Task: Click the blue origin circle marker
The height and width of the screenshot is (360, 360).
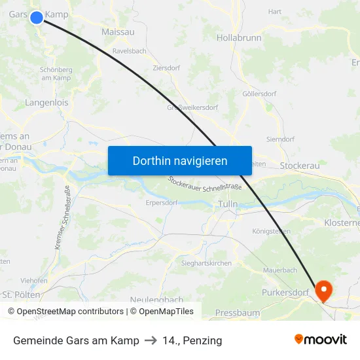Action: [x=37, y=18]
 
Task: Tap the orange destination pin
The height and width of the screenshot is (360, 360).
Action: [x=323, y=290]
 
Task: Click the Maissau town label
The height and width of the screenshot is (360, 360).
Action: [x=118, y=31]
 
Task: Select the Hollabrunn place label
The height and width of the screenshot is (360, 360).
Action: [x=239, y=38]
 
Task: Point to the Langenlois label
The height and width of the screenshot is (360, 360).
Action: [x=46, y=103]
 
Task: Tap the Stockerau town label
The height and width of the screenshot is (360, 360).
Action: [x=299, y=166]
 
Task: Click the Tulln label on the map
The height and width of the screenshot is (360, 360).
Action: [x=228, y=204]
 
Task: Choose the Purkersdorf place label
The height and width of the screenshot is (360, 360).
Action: [x=285, y=292]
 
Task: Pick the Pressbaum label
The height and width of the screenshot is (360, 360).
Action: [x=238, y=313]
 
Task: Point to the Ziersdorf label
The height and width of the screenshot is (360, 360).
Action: [x=166, y=67]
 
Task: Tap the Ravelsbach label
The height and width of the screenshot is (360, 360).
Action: [x=130, y=50]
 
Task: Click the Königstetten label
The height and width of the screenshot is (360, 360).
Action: [x=271, y=231]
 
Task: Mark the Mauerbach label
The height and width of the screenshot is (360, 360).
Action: [x=280, y=270]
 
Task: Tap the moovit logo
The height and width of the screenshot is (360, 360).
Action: [x=321, y=339]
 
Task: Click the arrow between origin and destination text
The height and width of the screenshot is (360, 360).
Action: [x=151, y=340]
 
